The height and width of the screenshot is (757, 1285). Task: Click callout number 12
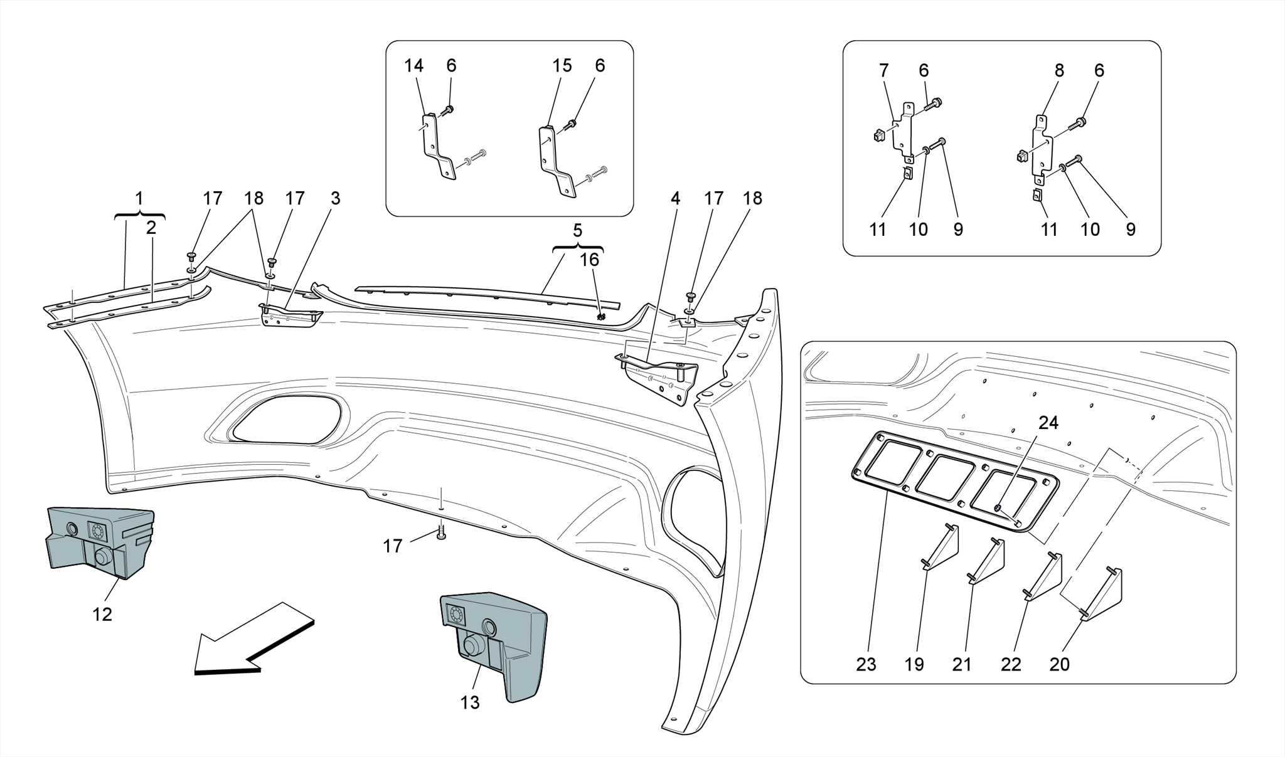tap(102, 615)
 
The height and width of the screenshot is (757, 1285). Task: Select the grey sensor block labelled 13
tap(496, 646)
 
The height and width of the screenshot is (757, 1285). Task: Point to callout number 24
tap(1048, 423)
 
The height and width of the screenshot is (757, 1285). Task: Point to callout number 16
tap(589, 260)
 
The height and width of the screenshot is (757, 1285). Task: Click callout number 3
tap(336, 198)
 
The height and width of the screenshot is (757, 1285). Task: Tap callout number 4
tap(675, 198)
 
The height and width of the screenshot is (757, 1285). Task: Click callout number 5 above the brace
tap(577, 230)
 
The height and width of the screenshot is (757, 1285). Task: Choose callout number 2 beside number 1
tap(151, 228)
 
